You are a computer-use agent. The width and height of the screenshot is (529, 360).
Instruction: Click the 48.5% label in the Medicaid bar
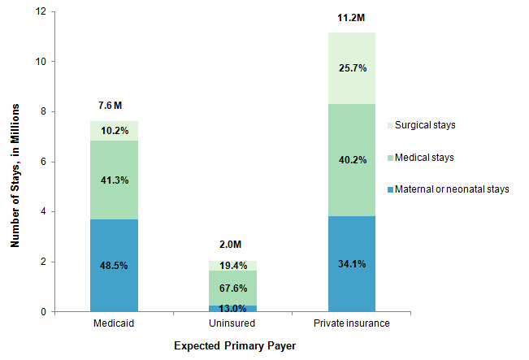pos(114,265)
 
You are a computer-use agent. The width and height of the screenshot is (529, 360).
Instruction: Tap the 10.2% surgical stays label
pos(114,129)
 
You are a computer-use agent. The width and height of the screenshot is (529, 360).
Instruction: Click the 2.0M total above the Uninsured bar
pos(232,245)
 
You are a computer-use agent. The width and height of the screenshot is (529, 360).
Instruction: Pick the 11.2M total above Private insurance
pos(351,17)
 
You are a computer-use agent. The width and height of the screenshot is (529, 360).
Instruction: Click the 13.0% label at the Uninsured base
pos(232,307)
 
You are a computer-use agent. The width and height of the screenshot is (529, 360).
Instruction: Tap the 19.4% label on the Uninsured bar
pos(232,267)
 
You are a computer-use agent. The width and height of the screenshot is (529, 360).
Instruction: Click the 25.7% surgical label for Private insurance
pos(351,69)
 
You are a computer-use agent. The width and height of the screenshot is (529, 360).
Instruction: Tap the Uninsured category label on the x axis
pos(232,323)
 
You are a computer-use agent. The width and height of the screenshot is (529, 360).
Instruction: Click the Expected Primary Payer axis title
pos(234,346)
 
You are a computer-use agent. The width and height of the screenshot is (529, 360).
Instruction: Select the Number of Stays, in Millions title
pos(15,162)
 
